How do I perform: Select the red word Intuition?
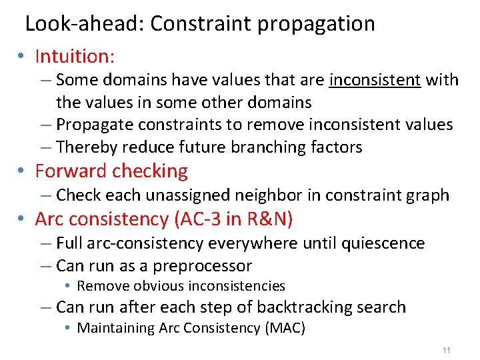coord(74,56)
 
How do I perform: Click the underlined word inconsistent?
coord(375,80)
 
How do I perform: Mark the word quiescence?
coord(383,243)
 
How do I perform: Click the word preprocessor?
coord(202,266)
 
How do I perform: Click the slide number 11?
coord(446,350)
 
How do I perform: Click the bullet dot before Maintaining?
coord(68,328)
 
